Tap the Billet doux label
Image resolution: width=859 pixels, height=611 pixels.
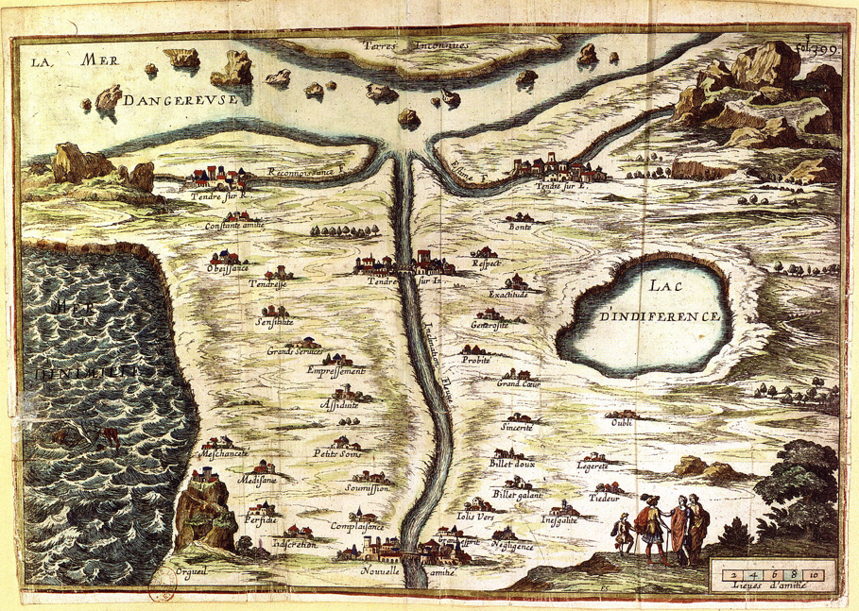pyautogui.click(x=513, y=465)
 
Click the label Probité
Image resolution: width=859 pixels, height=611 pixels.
pyautogui.click(x=478, y=361)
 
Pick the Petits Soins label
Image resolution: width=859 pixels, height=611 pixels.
pyautogui.click(x=337, y=453)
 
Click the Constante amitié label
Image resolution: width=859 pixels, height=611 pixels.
pyautogui.click(x=234, y=226)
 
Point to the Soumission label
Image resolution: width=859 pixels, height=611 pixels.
pyautogui.click(x=368, y=488)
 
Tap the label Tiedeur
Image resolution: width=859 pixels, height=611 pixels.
pyautogui.click(x=603, y=496)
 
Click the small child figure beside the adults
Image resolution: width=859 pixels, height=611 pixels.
pyautogui.click(x=623, y=535)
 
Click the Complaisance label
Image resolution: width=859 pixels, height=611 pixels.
pyautogui.click(x=357, y=526)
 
